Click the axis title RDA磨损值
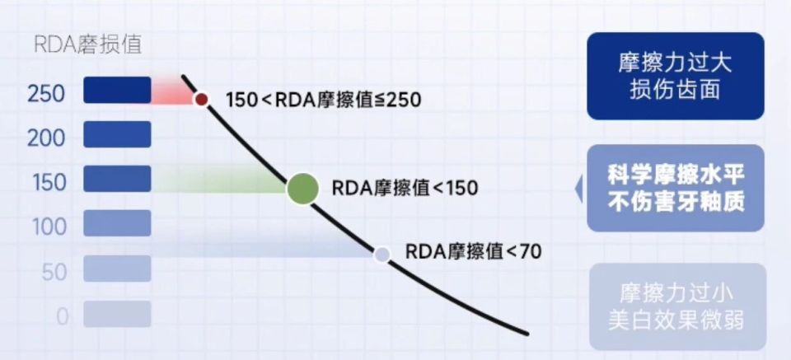coord(88,44)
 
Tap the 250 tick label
coord(46,94)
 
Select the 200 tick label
coord(46,138)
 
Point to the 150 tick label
coord(49,183)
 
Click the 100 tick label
coord(49,227)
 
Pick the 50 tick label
coord(54,273)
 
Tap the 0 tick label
coord(62,317)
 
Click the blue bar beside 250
coord(117,90)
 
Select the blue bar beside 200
coord(117,134)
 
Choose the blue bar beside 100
coord(117,223)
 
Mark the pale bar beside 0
coord(117,314)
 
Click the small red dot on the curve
coord(201,99)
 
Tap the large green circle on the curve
coord(302,188)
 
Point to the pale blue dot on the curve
coord(381,254)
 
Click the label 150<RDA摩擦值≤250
coord(323,100)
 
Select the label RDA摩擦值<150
coord(405,188)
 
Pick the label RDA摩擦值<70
coord(473,251)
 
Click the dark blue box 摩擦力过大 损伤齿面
coord(676,76)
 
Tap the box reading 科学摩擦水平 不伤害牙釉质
coord(676,188)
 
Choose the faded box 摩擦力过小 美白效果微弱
coord(677,306)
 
